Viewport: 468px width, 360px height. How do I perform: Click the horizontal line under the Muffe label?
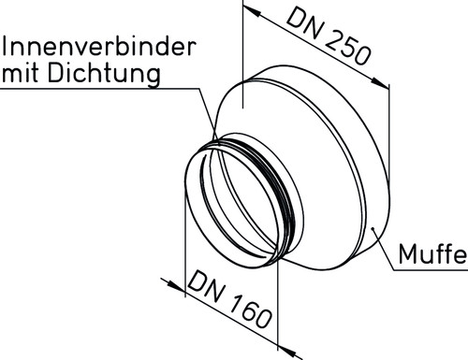[431, 270]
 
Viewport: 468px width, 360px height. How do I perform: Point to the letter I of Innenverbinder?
[5, 47]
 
